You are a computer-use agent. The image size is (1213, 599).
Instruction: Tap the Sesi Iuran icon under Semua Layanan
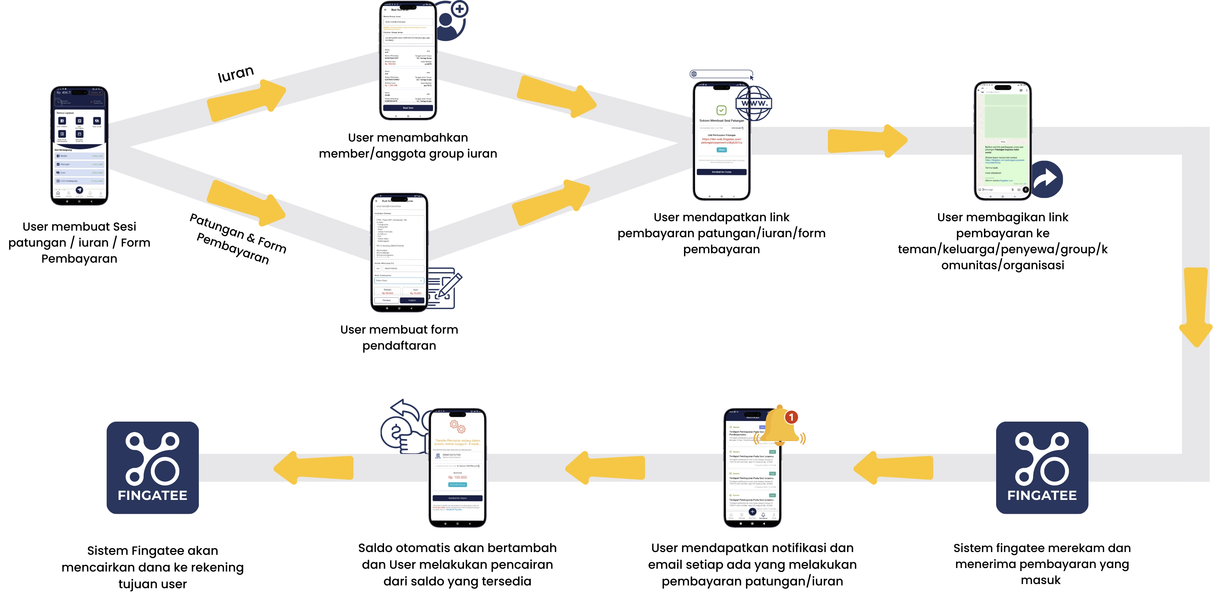(97, 121)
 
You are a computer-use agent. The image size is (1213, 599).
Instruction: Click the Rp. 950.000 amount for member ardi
(390, 64)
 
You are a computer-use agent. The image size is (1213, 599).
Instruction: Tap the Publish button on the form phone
(412, 300)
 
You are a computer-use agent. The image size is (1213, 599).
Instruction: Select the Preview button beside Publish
(386, 300)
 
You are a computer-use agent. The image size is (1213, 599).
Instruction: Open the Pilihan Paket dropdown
(399, 280)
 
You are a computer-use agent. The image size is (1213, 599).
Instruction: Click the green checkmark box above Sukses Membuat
(721, 110)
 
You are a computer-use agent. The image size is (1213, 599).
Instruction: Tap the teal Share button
(722, 150)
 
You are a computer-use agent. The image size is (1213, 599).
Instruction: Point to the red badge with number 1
(791, 417)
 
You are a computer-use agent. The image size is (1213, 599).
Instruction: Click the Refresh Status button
(457, 485)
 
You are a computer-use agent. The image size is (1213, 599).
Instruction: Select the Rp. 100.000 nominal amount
(457, 477)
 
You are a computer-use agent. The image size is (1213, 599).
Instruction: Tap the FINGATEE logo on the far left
(153, 468)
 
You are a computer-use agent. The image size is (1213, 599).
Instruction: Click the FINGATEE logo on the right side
(1042, 468)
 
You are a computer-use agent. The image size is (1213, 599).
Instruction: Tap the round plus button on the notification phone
(752, 511)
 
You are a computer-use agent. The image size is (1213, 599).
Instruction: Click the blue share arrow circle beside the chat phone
(1048, 178)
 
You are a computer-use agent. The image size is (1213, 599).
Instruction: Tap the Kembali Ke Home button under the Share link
(722, 172)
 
